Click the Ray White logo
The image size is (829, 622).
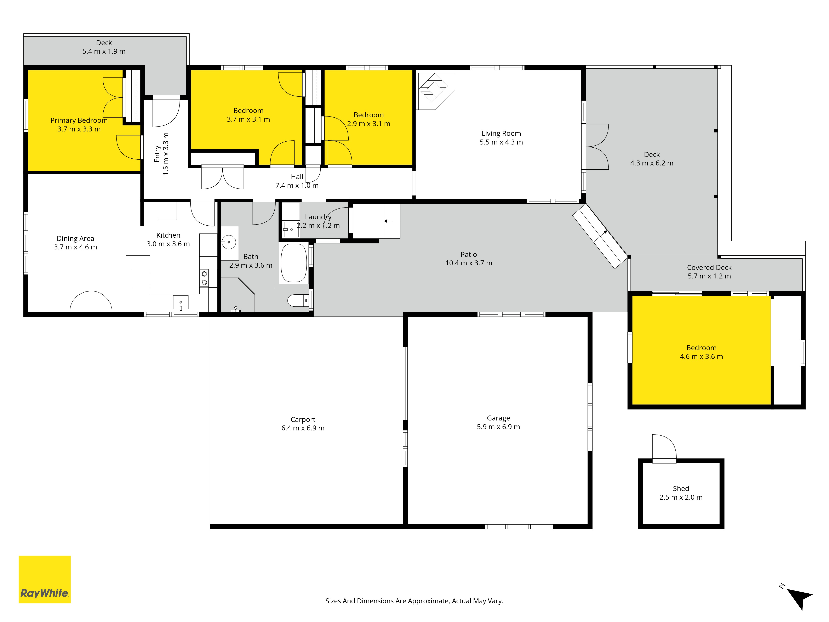45,579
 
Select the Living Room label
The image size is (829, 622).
501,134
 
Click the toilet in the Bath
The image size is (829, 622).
298,300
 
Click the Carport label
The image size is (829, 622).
303,420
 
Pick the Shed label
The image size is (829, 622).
681,488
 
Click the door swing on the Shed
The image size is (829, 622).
664,447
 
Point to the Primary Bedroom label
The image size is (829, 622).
79,120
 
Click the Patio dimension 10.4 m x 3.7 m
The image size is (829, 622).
469,263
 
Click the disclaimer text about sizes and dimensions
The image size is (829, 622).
414,601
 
